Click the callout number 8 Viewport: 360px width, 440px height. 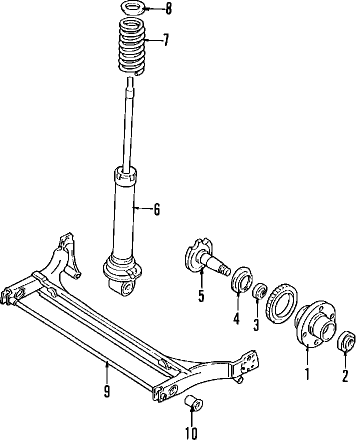(168, 9)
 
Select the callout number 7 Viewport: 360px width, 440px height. (166, 40)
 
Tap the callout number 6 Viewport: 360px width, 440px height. (156, 210)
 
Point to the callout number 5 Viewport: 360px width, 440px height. (201, 296)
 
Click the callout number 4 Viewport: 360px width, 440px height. (236, 317)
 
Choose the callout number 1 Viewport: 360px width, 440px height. (307, 373)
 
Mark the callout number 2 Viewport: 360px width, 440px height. (344, 374)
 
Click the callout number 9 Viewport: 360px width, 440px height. (106, 391)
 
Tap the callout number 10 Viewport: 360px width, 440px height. (191, 432)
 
